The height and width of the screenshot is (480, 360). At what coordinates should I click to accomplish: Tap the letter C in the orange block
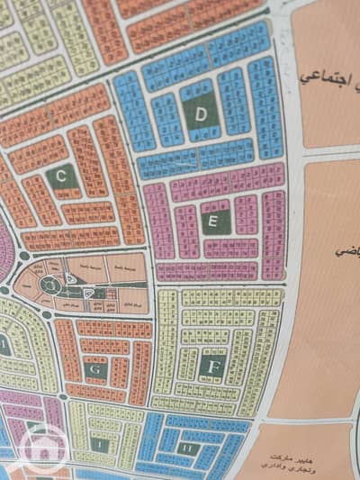[61, 177]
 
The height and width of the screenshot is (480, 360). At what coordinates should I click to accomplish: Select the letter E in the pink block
[213, 219]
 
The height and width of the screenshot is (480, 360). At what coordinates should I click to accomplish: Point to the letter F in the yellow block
[212, 367]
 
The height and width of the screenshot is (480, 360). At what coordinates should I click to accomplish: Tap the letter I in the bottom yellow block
[102, 445]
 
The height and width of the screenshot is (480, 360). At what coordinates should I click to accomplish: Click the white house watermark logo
[41, 448]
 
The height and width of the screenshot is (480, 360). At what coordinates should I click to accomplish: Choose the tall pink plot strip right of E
[274, 222]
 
